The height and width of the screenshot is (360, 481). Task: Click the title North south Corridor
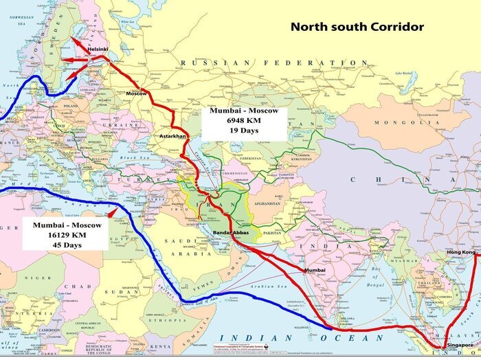pyautogui.click(x=357, y=27)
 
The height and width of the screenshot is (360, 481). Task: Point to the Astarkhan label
pyautogui.click(x=173, y=137)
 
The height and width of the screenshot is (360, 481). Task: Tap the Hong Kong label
pyautogui.click(x=460, y=254)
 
